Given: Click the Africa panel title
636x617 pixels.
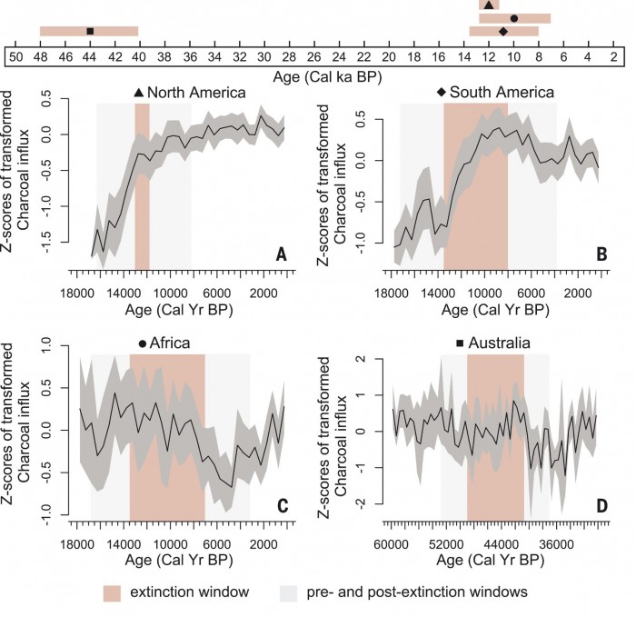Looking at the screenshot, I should pos(169,343).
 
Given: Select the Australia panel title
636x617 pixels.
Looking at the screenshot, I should pos(499,343).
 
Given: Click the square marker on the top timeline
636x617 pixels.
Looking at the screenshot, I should pos(90,31).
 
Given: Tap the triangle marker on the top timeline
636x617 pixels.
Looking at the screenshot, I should pos(489,5).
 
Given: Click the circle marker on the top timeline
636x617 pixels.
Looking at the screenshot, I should pos(514,18).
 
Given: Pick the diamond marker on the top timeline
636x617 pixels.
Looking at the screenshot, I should pos(503,31).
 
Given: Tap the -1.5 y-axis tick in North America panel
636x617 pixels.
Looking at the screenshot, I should pos(62,244).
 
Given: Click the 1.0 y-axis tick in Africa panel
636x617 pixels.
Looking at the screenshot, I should pos(62,347).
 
